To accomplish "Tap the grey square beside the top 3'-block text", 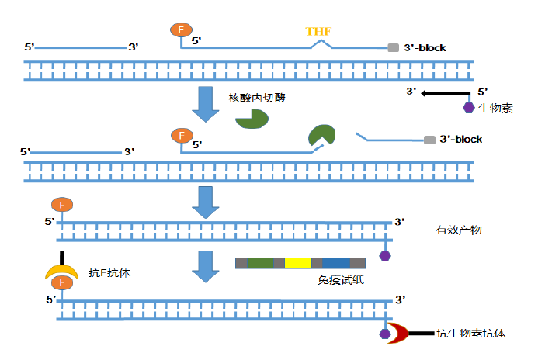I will click(x=394, y=47).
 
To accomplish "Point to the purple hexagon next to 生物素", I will click(x=469, y=107).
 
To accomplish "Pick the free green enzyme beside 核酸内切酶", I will click(x=252, y=118).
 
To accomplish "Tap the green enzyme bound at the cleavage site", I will click(x=321, y=135).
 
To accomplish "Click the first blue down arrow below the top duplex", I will click(x=206, y=104).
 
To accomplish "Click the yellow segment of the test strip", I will click(x=297, y=263).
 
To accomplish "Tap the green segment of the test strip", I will click(x=260, y=263).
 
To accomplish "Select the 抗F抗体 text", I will click(x=109, y=272).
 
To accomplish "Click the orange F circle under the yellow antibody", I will click(x=61, y=283).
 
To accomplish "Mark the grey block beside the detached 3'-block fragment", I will click(x=429, y=140).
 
